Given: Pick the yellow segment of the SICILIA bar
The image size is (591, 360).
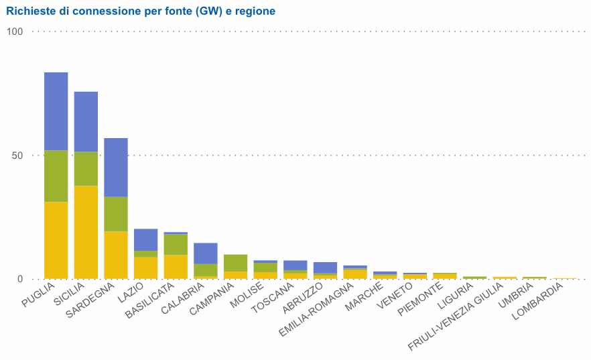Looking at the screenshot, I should pyautogui.click(x=86, y=232).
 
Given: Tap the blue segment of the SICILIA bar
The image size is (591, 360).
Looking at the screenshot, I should pyautogui.click(x=86, y=121).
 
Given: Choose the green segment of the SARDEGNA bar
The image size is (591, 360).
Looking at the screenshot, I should pyautogui.click(x=116, y=214).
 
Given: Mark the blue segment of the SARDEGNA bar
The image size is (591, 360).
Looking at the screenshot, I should pyautogui.click(x=116, y=167).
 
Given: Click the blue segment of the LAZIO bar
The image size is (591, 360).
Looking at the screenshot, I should pyautogui.click(x=145, y=239).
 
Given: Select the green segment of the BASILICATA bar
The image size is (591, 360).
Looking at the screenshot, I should pyautogui.click(x=176, y=244).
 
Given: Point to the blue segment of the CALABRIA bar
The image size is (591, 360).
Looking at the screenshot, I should pyautogui.click(x=206, y=253).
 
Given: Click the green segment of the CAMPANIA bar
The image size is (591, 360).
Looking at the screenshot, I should pyautogui.click(x=235, y=263).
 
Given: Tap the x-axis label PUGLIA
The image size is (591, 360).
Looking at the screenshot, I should pyautogui.click(x=38, y=296).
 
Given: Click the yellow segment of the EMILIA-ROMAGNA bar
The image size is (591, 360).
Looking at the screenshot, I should pyautogui.click(x=355, y=274).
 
